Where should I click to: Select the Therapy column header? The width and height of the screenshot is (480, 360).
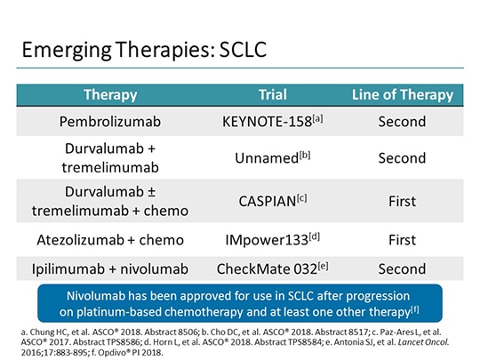point(110,94)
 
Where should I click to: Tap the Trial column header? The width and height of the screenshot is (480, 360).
point(272,94)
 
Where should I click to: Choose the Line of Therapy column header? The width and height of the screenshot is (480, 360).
point(402,94)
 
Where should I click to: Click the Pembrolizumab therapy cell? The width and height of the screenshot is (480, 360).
point(110,122)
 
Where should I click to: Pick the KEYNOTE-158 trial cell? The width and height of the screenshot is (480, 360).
point(272,122)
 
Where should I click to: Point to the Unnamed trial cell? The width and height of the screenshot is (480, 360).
point(272,157)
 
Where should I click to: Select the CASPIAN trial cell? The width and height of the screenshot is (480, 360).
point(272,201)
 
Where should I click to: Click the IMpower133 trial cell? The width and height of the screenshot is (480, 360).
point(272,239)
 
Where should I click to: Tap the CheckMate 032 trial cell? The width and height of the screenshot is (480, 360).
point(272,268)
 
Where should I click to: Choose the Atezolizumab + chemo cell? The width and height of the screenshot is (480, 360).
point(110,239)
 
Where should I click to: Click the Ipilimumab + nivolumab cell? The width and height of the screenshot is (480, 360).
point(110,268)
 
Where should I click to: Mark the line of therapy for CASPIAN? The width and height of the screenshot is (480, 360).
point(402,201)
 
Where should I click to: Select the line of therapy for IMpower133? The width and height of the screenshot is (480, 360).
point(402,239)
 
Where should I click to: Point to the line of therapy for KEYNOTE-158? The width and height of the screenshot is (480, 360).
point(402,122)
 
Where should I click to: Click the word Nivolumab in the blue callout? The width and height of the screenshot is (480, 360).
point(101,295)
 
